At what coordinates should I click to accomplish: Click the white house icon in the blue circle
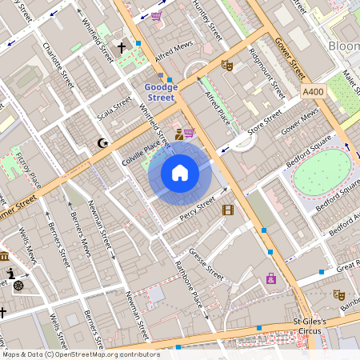coord(180,173)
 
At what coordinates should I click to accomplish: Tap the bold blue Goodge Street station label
coord(159,92)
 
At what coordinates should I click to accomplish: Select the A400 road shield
coord(314,93)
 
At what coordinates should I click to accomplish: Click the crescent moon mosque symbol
coord(102,143)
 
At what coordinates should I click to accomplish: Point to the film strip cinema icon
coord(229,210)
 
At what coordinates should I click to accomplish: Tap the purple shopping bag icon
coord(271,278)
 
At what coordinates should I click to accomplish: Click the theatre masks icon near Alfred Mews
coord(226,66)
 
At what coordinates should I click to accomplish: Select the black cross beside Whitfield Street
coord(122,48)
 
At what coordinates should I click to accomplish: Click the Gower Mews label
coord(300,122)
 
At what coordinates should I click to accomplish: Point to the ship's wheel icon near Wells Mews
coord(18,285)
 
